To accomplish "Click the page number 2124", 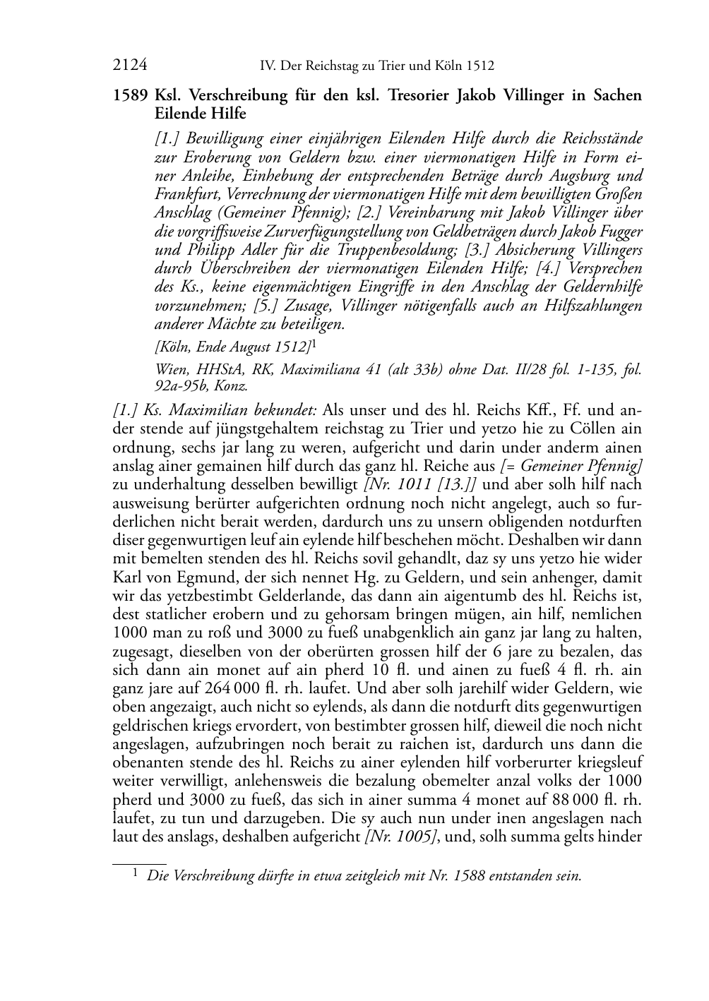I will point(130,66).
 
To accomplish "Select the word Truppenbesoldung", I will point(429,250).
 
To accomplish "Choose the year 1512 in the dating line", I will point(294,347).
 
